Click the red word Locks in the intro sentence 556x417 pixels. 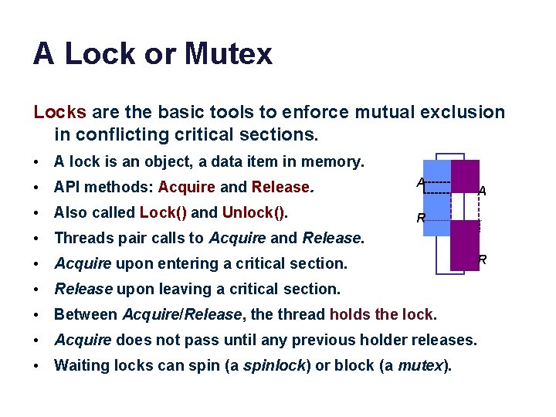click(x=59, y=112)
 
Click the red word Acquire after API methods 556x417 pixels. click(x=186, y=188)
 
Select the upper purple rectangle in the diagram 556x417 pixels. click(x=466, y=176)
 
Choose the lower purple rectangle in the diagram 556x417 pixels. click(x=465, y=246)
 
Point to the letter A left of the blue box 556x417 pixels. click(x=420, y=183)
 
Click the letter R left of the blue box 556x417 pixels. click(x=421, y=219)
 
